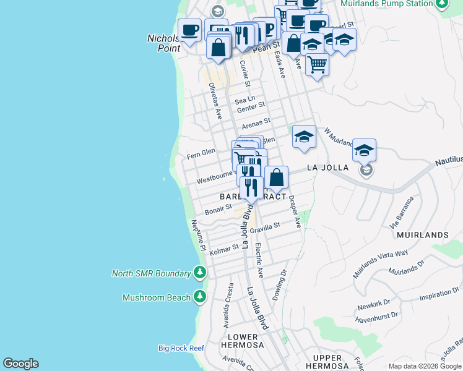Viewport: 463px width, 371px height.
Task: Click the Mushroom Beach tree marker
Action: [x=199, y=297]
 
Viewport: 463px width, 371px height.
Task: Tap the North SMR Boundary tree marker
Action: [x=199, y=273]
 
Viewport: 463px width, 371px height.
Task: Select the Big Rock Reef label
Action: [x=181, y=348]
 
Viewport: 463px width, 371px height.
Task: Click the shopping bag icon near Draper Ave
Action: [x=276, y=177]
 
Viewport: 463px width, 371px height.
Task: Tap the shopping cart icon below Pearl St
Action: [x=317, y=64]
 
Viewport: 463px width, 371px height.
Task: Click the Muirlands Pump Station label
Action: [x=387, y=4]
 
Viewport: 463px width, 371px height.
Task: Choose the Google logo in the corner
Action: [x=20, y=364]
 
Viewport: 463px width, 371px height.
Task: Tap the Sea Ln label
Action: [x=245, y=99]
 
